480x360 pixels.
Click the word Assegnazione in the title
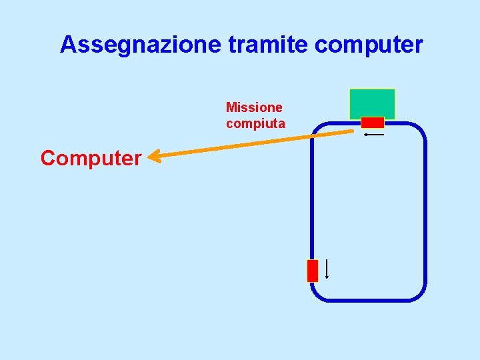pyautogui.click(x=141, y=45)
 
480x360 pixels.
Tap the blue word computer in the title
pyautogui.click(x=368, y=45)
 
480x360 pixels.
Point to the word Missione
pyautogui.click(x=254, y=107)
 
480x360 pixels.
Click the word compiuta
pyautogui.click(x=255, y=123)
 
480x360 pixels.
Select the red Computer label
pyautogui.click(x=91, y=158)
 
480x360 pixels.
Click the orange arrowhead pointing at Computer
pyautogui.click(x=153, y=157)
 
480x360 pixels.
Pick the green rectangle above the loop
pyautogui.click(x=372, y=103)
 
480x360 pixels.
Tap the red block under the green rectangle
pyautogui.click(x=373, y=123)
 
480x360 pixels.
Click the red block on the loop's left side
pyautogui.click(x=313, y=271)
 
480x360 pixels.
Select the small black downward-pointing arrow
pyautogui.click(x=326, y=269)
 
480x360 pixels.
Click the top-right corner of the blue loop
pyautogui.click(x=419, y=130)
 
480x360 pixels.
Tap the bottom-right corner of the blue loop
pyautogui.click(x=418, y=294)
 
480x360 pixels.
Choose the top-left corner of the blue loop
pyautogui.click(x=318, y=129)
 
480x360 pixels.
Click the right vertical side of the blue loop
pyautogui.click(x=425, y=213)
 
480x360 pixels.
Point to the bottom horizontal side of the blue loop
pyautogui.click(x=368, y=301)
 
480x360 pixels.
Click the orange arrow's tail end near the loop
pyautogui.click(x=351, y=131)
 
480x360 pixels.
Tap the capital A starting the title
pyautogui.click(x=68, y=45)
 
